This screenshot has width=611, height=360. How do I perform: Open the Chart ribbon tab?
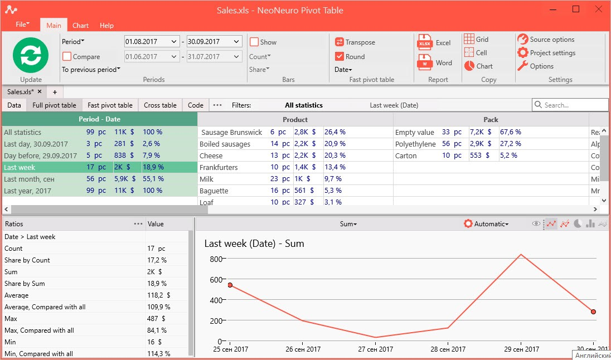tap(81, 26)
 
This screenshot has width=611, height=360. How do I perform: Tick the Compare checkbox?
tap(67, 56)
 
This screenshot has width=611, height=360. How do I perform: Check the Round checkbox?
tap(340, 56)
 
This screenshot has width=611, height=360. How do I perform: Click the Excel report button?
tap(434, 43)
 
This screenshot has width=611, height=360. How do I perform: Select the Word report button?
tap(434, 63)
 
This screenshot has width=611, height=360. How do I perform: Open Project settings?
tap(546, 52)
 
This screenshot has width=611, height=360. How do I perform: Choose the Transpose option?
tap(355, 42)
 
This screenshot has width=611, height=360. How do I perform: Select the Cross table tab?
tap(160, 105)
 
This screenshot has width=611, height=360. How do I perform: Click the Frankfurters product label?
tap(219, 168)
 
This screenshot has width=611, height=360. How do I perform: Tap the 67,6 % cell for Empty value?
tap(511, 132)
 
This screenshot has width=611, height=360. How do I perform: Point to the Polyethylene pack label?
tap(415, 144)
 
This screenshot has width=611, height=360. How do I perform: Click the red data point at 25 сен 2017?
tap(230, 285)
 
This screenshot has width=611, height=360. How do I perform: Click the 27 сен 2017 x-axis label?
tap(376, 349)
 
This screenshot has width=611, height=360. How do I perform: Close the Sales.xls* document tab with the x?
tap(40, 91)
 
